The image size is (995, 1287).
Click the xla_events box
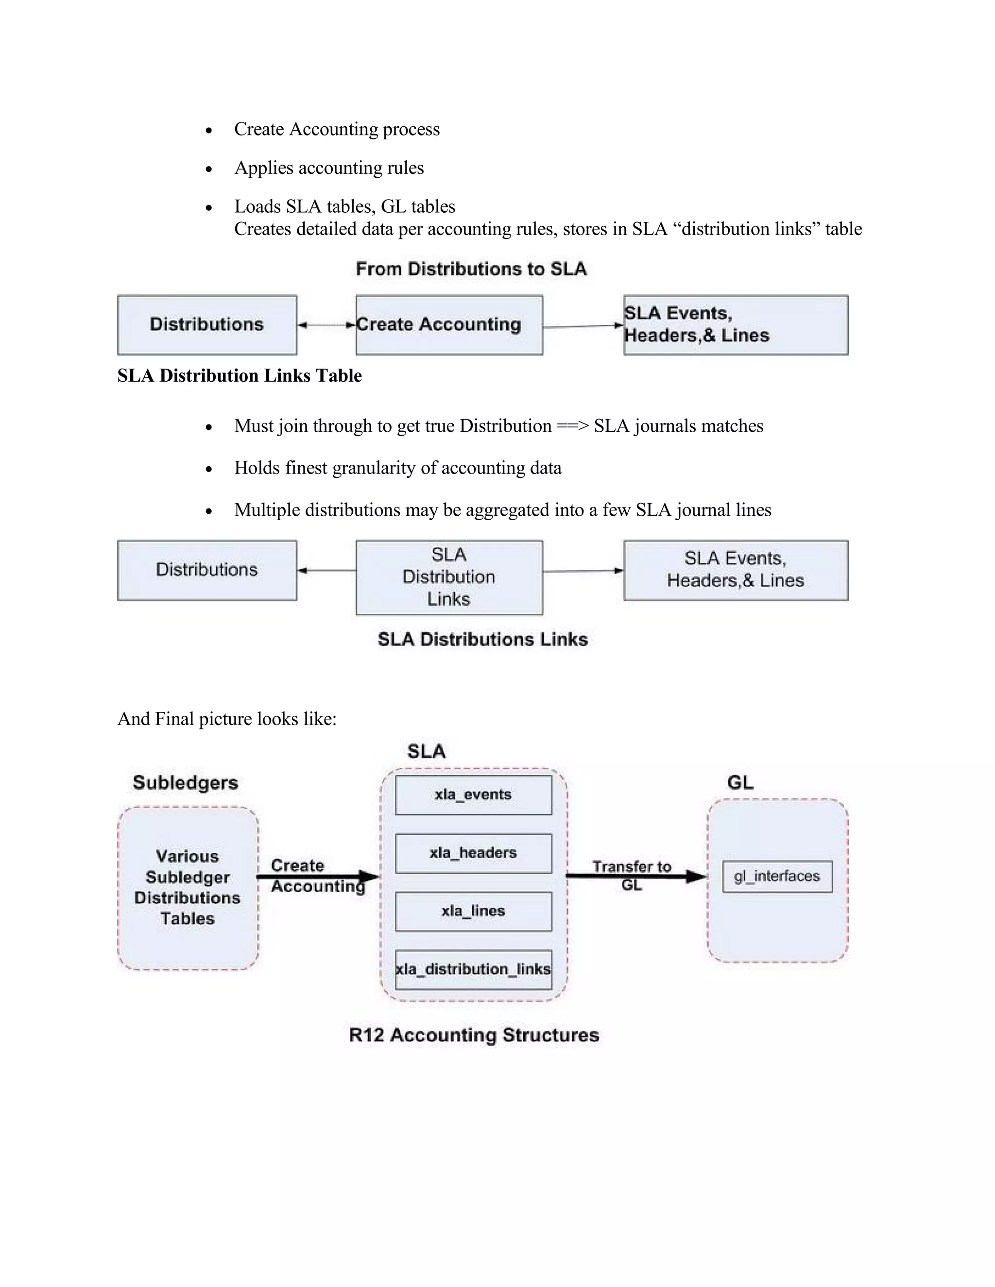pyautogui.click(x=473, y=795)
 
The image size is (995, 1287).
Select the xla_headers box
pyautogui.click(x=473, y=853)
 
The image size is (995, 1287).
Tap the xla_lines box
pyautogui.click(x=473, y=911)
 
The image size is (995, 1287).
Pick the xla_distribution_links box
pyautogui.click(x=473, y=969)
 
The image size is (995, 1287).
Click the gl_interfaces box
pyautogui.click(x=777, y=876)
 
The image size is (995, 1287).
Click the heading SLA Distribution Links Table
pyautogui.click(x=240, y=375)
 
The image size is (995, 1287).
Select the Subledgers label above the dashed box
pyautogui.click(x=185, y=782)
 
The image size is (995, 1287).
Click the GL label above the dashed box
pyautogui.click(x=740, y=782)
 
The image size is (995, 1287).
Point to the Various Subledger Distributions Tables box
pyautogui.click(x=188, y=887)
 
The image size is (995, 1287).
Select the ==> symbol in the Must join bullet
pyautogui.click(x=572, y=426)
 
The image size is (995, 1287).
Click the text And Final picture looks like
pyautogui.click(x=227, y=719)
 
